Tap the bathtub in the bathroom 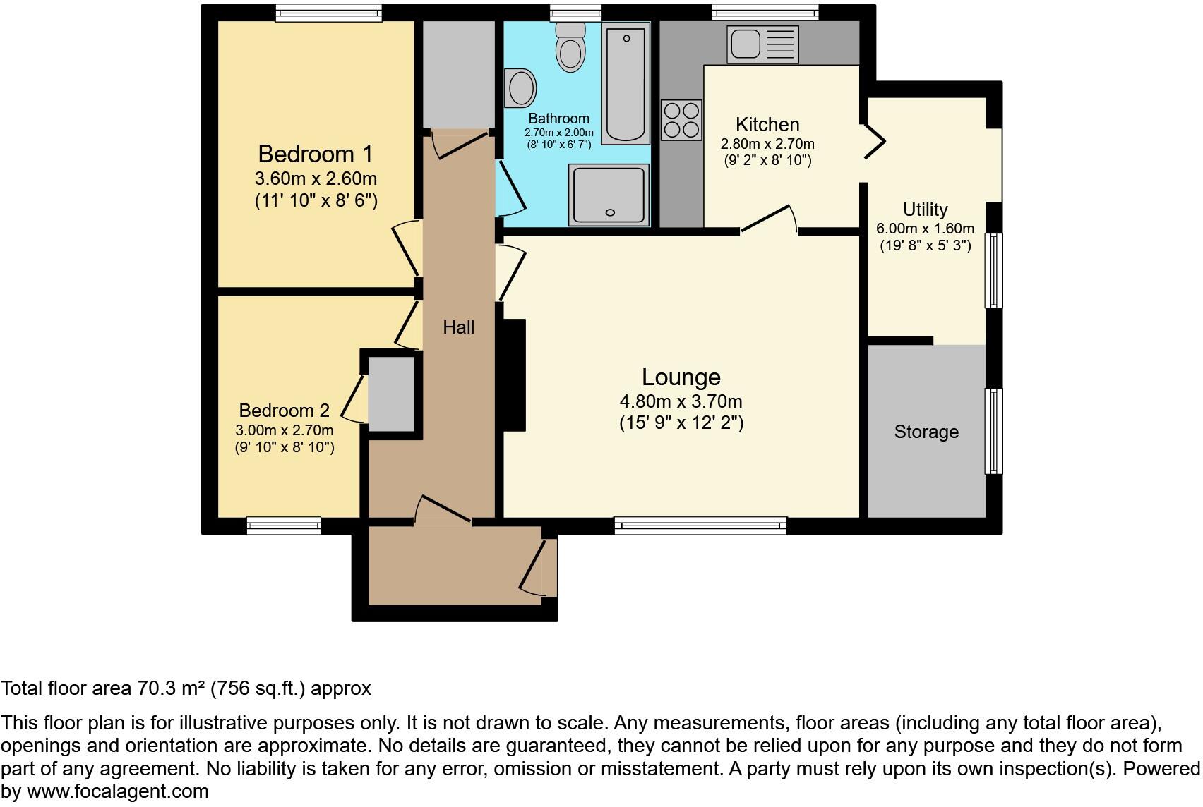[x=626, y=83]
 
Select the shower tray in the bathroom [x=609, y=195]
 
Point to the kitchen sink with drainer [x=763, y=44]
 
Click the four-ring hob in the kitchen [x=681, y=120]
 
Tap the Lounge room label [x=681, y=377]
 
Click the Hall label [x=458, y=327]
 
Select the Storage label [x=926, y=432]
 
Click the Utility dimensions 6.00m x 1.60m [x=925, y=229]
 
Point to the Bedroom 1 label [x=315, y=154]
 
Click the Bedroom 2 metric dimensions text [x=285, y=430]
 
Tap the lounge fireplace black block [x=513, y=375]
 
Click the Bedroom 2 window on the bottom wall [x=284, y=526]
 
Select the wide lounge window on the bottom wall [x=700, y=526]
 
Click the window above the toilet [x=575, y=12]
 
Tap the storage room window [x=993, y=430]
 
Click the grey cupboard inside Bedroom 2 [x=391, y=393]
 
